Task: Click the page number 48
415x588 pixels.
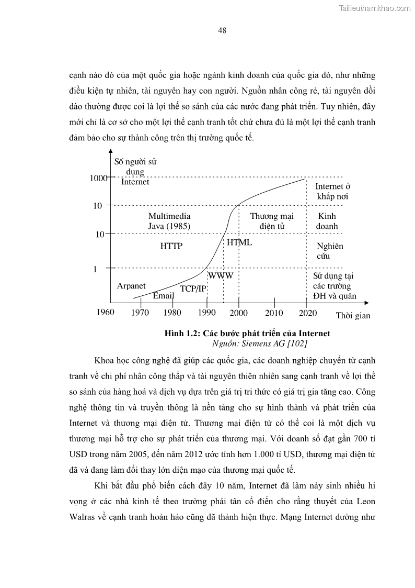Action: pyautogui.click(x=222, y=30)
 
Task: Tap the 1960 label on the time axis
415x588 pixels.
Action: pyautogui.click(x=106, y=313)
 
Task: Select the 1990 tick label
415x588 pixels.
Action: pyautogui.click(x=207, y=313)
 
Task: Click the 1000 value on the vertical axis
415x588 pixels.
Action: pyautogui.click(x=98, y=178)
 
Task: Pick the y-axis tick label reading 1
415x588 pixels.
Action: pyautogui.click(x=95, y=269)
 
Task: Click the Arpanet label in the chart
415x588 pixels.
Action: pyautogui.click(x=131, y=286)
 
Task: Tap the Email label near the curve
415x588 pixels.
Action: pyautogui.click(x=163, y=296)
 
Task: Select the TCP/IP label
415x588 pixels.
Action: pyautogui.click(x=193, y=289)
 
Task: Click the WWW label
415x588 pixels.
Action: pyautogui.click(x=221, y=275)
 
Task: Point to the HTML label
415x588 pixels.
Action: pyautogui.click(x=239, y=242)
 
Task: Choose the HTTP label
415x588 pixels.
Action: pyautogui.click(x=171, y=246)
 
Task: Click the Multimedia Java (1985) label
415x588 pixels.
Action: pyautogui.click(x=169, y=221)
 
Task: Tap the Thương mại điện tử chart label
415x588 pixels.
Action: pyautogui.click(x=272, y=221)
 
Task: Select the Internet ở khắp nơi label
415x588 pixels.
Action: pyautogui.click(x=332, y=192)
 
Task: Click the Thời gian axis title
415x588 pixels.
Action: pyautogui.click(x=353, y=316)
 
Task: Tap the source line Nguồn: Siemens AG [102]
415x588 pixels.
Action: pyautogui.click(x=260, y=343)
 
